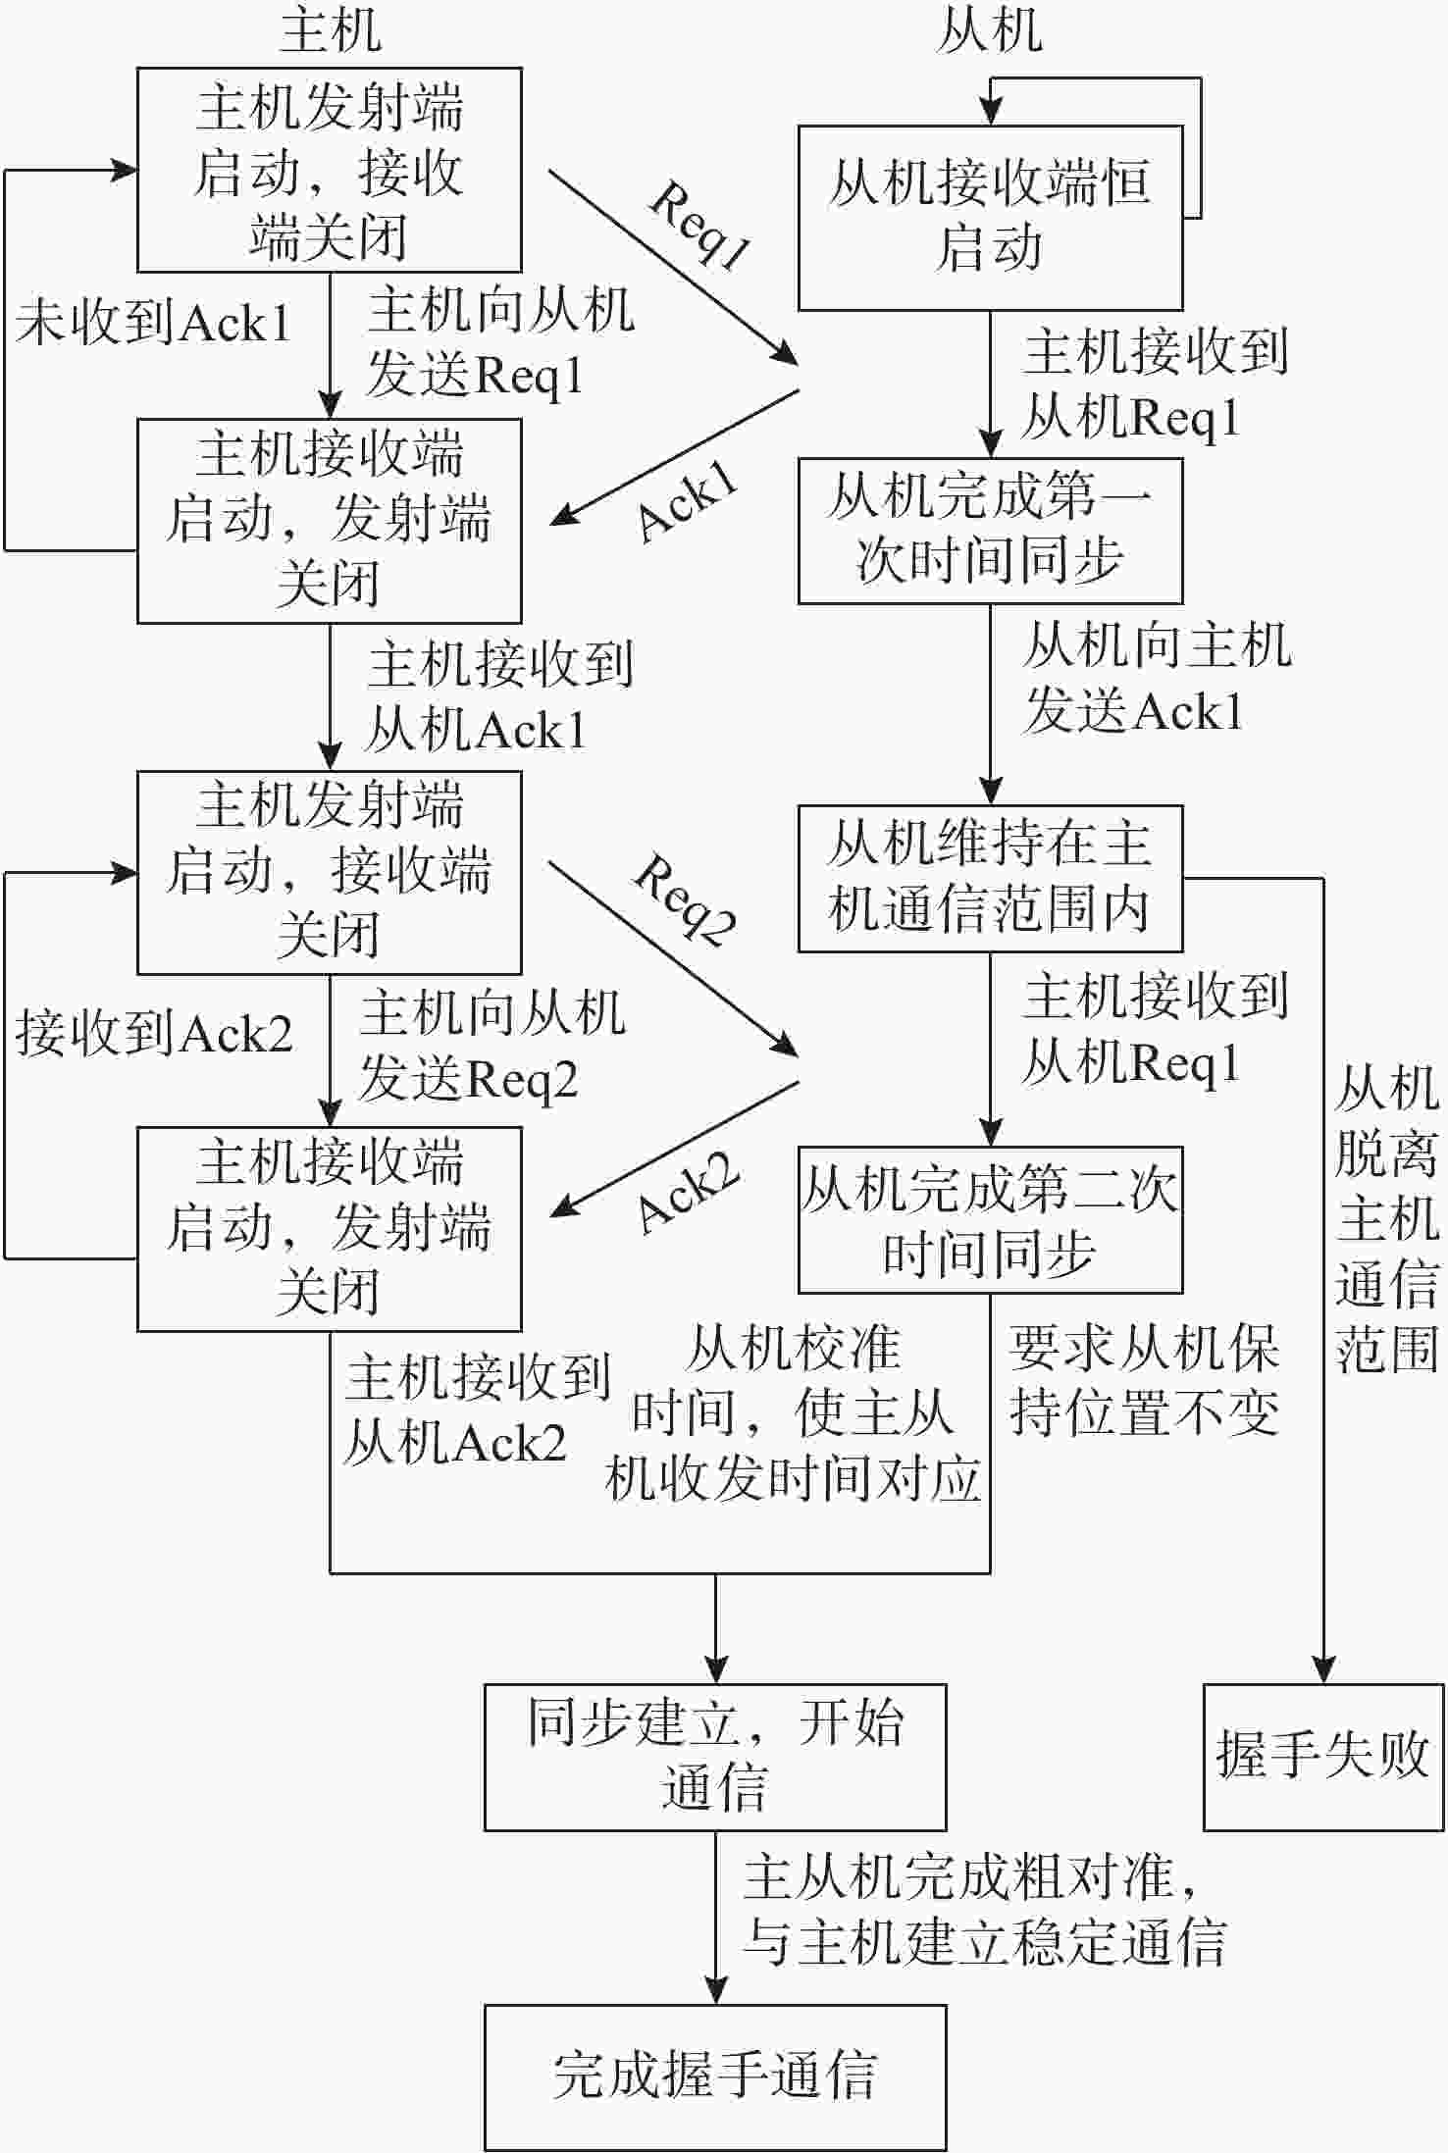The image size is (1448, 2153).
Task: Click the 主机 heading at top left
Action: pyautogui.click(x=330, y=31)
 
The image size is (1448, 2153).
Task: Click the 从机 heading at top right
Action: pyautogui.click(x=989, y=31)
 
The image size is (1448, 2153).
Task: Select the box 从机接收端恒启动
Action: pyautogui.click(x=989, y=217)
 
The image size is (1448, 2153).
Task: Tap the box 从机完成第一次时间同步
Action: pyautogui.click(x=989, y=530)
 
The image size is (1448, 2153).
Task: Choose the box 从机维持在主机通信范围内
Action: pyautogui.click(x=989, y=878)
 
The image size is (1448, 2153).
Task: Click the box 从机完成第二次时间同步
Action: pyautogui.click(x=989, y=1219)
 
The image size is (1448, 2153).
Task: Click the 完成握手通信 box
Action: pyautogui.click(x=714, y=2076)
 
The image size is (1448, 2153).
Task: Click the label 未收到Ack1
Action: pyautogui.click(x=153, y=323)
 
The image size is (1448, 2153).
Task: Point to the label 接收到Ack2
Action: pyautogui.click(x=153, y=1034)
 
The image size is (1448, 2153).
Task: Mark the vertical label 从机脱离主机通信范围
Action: pyautogui.click(x=1387, y=1219)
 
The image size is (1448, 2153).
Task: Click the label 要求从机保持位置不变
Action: pyautogui.click(x=1144, y=1381)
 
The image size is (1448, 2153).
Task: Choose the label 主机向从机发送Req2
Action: pyautogui.click(x=491, y=1047)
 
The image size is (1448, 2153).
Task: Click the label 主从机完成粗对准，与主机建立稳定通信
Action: pyautogui.click(x=983, y=1909)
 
